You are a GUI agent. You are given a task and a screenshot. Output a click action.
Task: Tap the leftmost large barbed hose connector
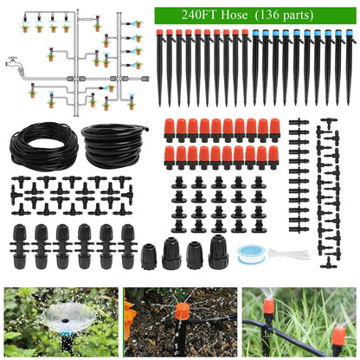(x=20, y=244)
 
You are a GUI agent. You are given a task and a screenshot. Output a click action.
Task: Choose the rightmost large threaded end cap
(x=218, y=252)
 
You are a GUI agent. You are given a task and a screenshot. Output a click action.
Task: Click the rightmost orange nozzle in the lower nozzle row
(x=273, y=157)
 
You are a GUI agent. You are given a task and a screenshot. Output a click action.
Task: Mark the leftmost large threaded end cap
(x=147, y=256)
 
